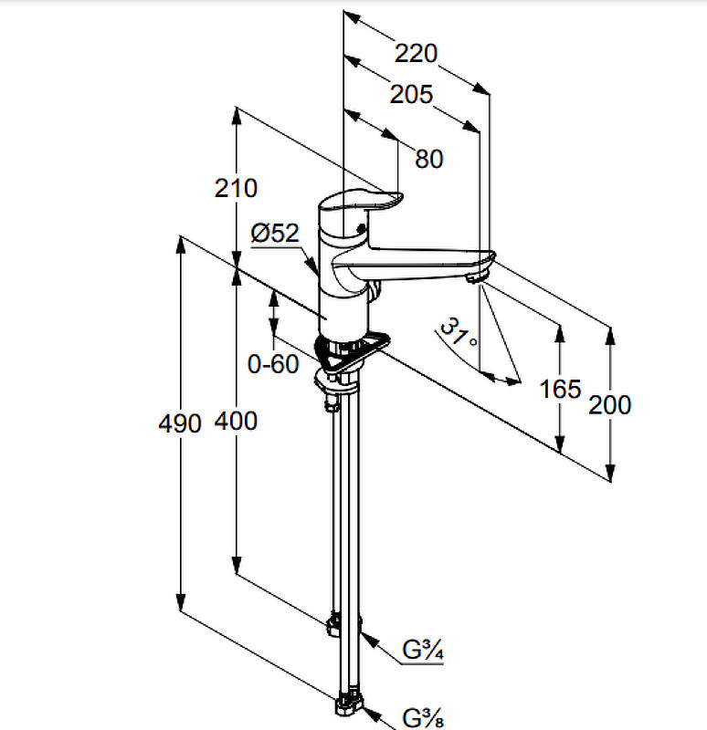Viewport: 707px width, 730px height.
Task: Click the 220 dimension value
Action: pyautogui.click(x=416, y=53)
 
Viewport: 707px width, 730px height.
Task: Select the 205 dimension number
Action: pyautogui.click(x=411, y=94)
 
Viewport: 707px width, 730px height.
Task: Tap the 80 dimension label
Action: pyautogui.click(x=428, y=159)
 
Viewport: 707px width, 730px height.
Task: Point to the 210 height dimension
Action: pyautogui.click(x=236, y=188)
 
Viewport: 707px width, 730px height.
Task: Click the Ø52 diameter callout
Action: pyautogui.click(x=275, y=233)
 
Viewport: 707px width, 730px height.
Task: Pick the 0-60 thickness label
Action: pyautogui.click(x=273, y=363)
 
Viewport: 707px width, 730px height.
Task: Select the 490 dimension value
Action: pyautogui.click(x=180, y=423)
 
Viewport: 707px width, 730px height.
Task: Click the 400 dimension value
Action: pyautogui.click(x=236, y=421)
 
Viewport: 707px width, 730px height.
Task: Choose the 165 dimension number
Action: pyautogui.click(x=560, y=389)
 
